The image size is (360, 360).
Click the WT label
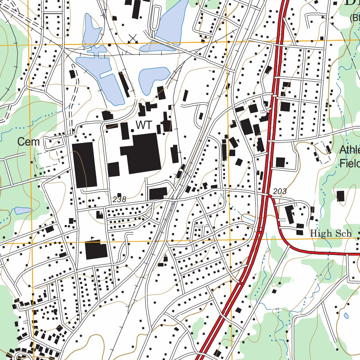pos(144,125)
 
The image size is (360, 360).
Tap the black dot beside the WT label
pos(132,130)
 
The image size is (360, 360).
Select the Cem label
pos(28,142)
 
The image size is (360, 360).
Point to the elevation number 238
pos(119,199)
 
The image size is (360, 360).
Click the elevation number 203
pos(280,192)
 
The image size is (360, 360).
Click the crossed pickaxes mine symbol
pos(133,39)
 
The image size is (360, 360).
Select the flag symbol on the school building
pos(92,238)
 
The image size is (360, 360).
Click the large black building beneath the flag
pos(96,250)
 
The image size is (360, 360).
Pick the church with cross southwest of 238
pos(100,214)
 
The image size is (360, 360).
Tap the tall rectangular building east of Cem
pos(84,165)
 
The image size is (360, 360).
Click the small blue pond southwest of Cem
pos(23,211)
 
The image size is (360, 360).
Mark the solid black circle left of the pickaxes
pos(109,45)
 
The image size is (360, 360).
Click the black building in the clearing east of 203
pos(340,196)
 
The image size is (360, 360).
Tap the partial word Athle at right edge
pos(349,150)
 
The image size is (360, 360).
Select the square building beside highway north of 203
pos(280,162)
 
